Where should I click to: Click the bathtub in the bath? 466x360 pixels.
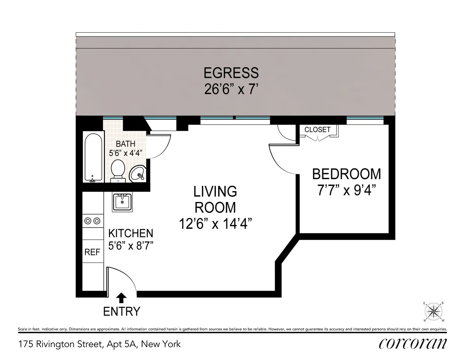94,158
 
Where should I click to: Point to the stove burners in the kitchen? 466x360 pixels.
92,221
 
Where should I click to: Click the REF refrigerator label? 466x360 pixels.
92,252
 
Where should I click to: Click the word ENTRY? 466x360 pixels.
122,311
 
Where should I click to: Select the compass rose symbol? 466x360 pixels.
434,311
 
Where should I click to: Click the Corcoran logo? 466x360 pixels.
412,343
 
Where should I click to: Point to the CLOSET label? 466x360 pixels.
317,130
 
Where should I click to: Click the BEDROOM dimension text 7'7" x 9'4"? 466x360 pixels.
346,191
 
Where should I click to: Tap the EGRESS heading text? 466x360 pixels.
231,73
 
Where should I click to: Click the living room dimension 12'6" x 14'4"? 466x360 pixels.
216,224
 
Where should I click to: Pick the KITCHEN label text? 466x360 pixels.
130,233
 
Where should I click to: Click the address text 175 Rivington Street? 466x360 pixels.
99,344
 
